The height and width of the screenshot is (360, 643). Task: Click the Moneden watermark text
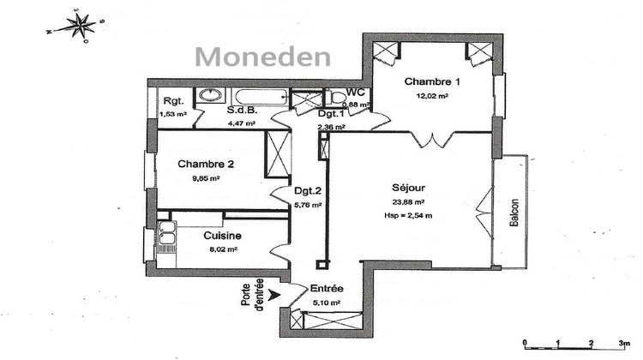261,57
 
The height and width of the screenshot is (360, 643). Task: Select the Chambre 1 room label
433,82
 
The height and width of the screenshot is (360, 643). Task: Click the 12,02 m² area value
433,97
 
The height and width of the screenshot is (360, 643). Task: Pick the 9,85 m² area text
205,179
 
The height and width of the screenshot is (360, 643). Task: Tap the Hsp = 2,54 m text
408,215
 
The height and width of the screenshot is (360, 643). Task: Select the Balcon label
514,213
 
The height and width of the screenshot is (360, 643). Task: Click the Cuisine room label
221,235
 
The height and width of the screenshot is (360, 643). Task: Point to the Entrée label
327,290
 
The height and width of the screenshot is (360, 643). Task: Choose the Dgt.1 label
330,113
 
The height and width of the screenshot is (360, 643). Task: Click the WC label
358,93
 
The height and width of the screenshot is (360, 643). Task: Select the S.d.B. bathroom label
243,111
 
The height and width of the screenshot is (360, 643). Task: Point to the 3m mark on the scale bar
623,344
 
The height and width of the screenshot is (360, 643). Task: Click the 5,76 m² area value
308,205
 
